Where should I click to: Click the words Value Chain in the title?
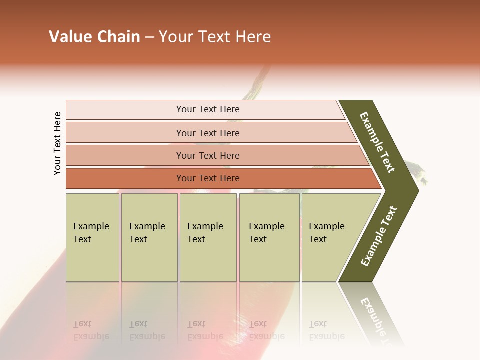(94, 37)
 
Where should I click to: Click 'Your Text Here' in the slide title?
(215, 37)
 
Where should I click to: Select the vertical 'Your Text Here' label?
(57, 144)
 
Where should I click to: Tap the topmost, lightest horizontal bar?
(125, 109)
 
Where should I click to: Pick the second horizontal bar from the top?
(125, 133)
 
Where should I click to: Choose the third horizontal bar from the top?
(125, 155)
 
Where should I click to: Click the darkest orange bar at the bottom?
(125, 178)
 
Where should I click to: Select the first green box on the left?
(92, 260)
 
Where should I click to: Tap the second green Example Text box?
(149, 260)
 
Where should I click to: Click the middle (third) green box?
(208, 260)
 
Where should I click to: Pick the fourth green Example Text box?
(269, 260)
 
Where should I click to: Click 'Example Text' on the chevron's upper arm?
(377, 142)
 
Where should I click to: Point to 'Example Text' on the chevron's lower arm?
(379, 236)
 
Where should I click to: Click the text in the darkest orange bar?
(208, 178)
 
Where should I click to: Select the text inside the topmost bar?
(208, 109)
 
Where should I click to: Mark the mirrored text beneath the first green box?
(91, 331)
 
